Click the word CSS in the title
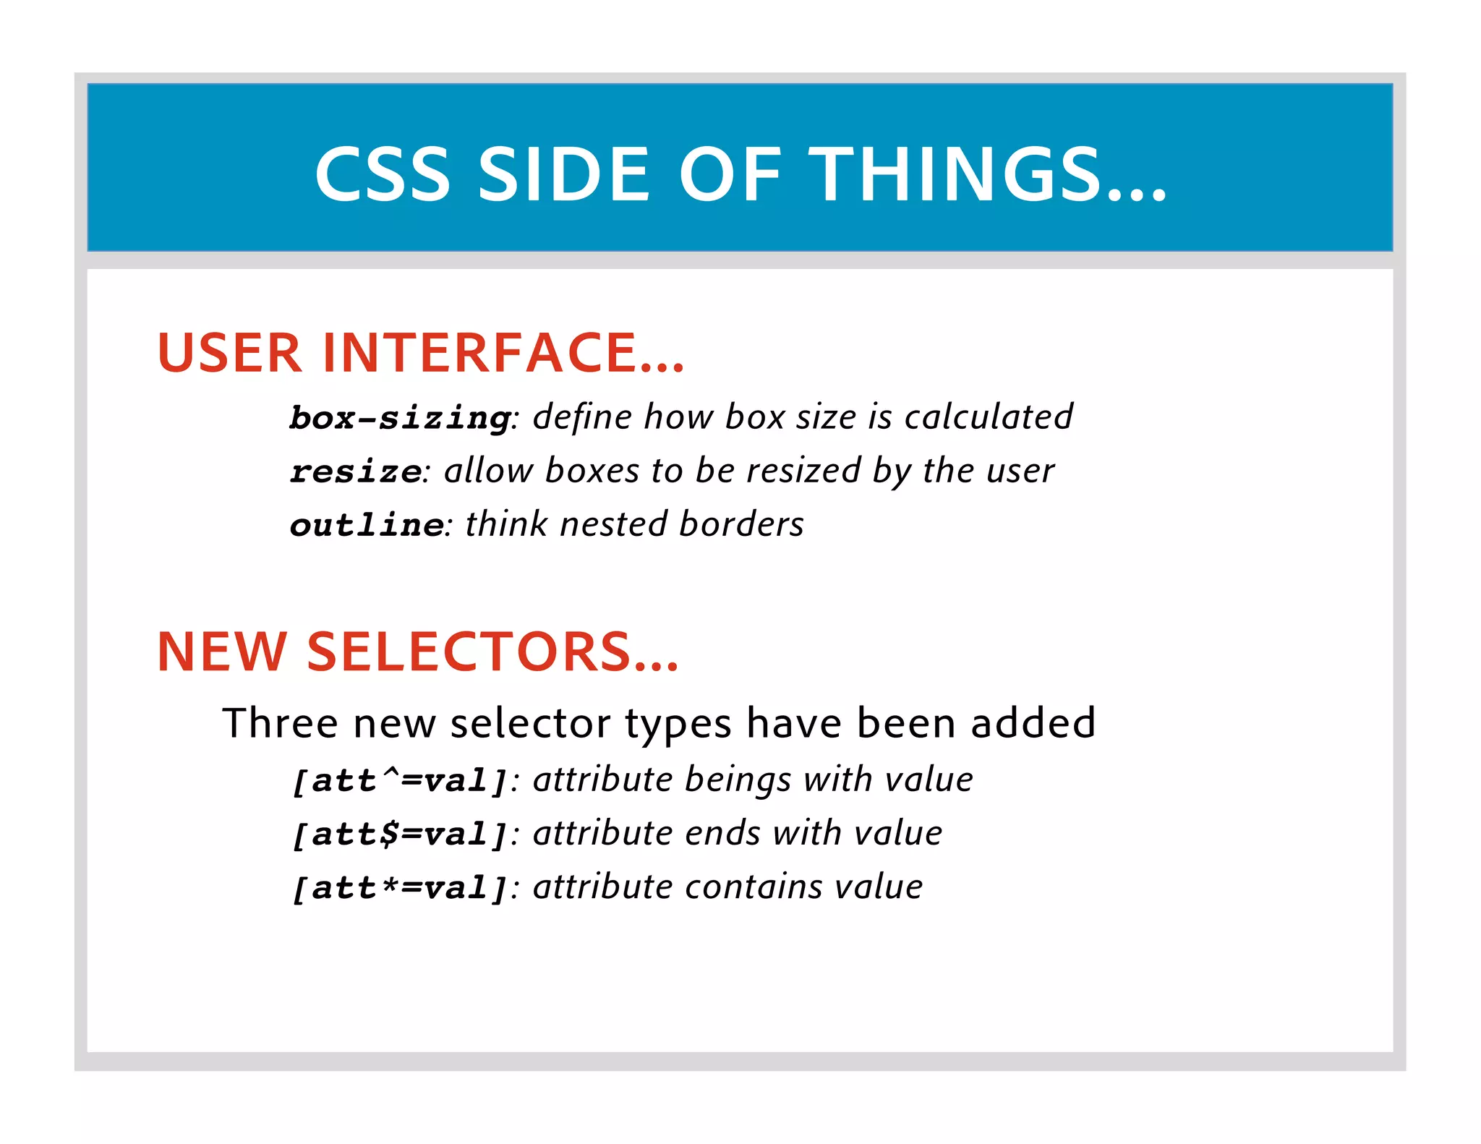(x=383, y=174)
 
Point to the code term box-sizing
(x=400, y=418)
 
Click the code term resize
(x=355, y=471)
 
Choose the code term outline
(x=366, y=525)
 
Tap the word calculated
(x=989, y=417)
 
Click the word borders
(x=742, y=524)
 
